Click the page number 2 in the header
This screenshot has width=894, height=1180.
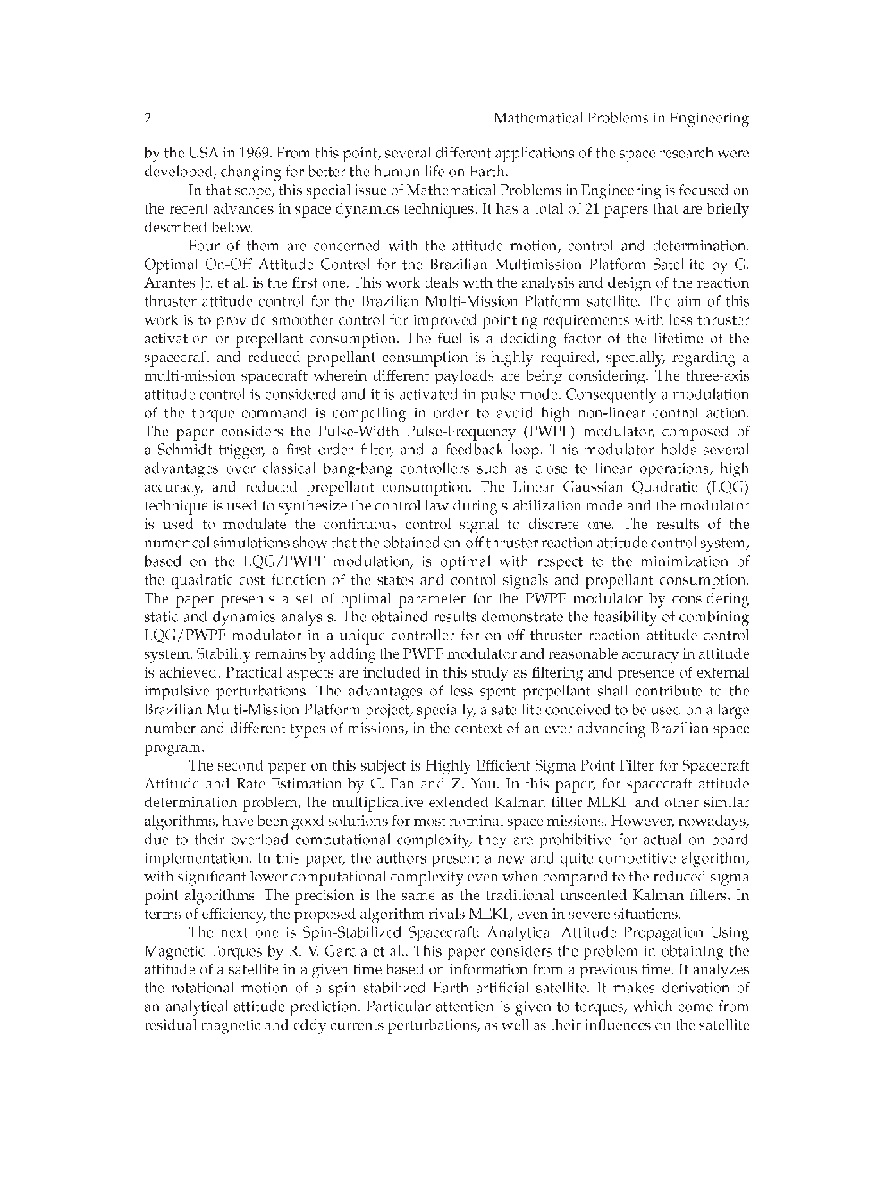pos(148,118)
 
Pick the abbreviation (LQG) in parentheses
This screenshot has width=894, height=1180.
pos(726,487)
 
